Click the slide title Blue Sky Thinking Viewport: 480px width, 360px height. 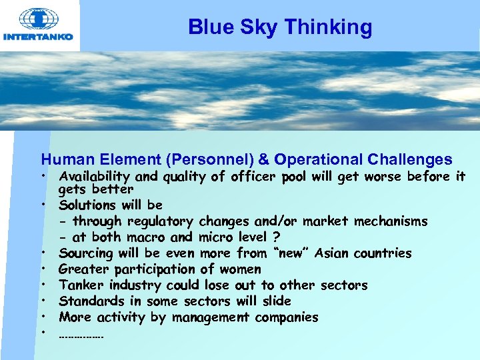coord(280,27)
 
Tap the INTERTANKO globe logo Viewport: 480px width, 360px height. coord(39,18)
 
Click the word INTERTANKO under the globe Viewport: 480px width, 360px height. coord(39,37)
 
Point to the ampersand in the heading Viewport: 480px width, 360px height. coord(263,160)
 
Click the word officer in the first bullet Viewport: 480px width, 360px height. coord(252,177)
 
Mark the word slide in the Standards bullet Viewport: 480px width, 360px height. coord(276,301)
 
